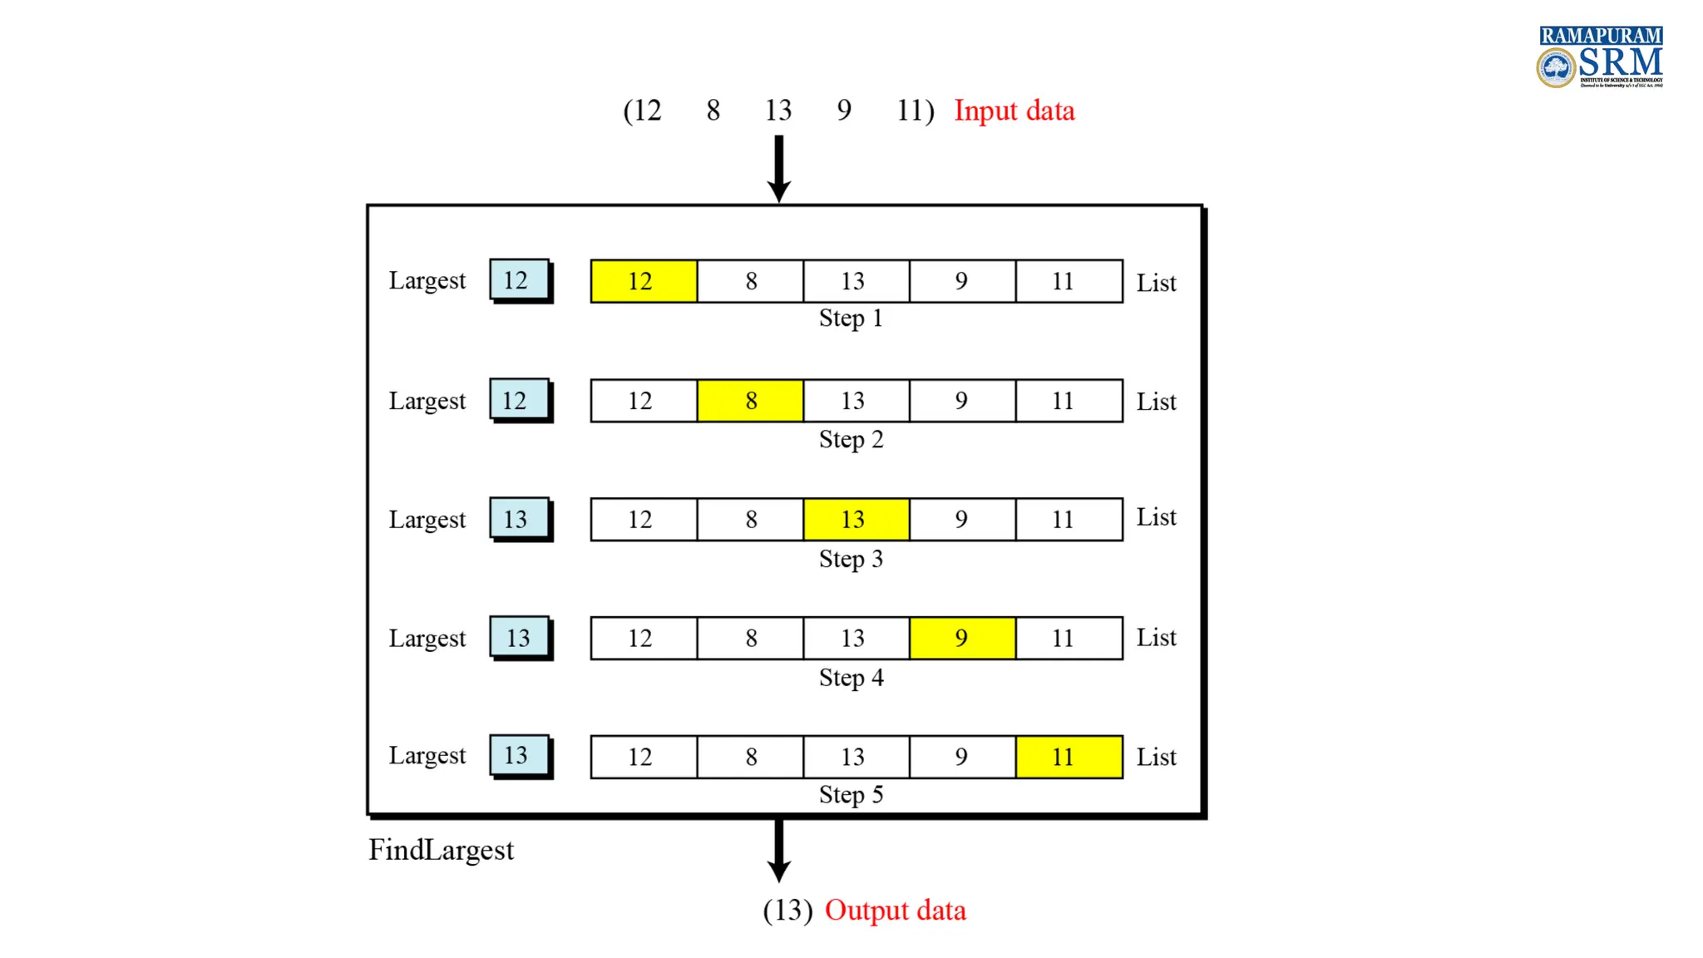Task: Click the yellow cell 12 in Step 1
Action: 644,281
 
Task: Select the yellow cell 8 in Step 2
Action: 750,401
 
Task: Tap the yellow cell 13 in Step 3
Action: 856,520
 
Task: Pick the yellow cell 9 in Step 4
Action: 962,638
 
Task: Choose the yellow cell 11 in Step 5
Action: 1069,757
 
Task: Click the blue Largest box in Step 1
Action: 519,279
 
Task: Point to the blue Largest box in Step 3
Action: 519,519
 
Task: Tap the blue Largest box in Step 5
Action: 519,755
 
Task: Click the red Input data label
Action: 1014,111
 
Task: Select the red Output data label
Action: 895,911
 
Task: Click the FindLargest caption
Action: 441,850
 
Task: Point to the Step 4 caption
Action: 851,678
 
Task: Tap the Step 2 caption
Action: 851,439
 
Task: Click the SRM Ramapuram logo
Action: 1599,57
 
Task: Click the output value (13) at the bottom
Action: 787,911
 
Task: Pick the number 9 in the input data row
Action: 844,111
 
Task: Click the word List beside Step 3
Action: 1156,517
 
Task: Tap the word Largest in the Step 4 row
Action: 427,639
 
